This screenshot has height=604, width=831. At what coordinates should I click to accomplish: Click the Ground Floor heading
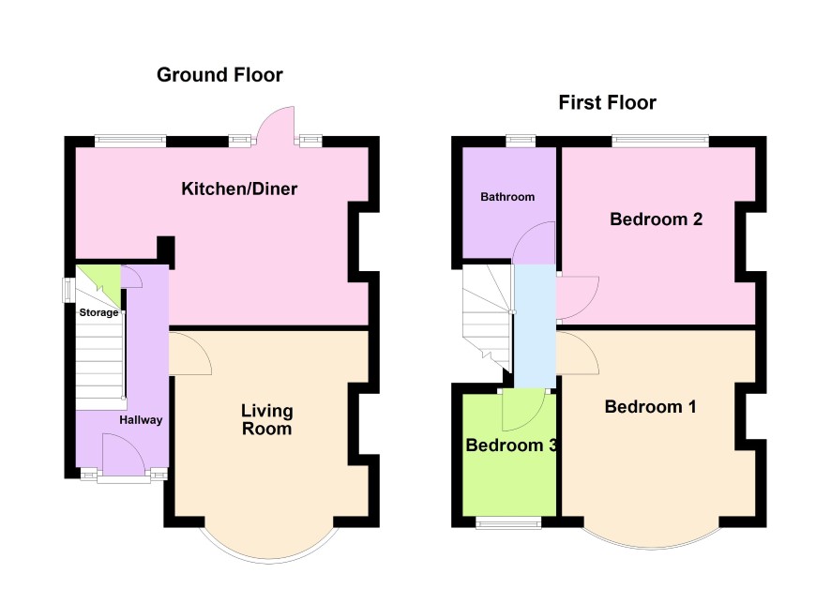click(219, 75)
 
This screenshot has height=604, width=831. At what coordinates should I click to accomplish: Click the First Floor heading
click(608, 102)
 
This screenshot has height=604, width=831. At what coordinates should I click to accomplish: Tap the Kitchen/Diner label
click(239, 189)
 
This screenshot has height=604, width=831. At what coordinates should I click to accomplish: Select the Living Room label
click(267, 419)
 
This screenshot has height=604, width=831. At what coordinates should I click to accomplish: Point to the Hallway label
click(141, 420)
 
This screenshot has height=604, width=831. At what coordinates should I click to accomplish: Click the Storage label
click(99, 312)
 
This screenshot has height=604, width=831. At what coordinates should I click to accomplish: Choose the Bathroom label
click(507, 197)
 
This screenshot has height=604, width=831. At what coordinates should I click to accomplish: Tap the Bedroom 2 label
click(657, 219)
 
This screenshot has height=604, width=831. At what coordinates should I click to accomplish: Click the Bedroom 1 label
click(650, 406)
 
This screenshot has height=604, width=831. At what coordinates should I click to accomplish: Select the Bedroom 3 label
click(511, 445)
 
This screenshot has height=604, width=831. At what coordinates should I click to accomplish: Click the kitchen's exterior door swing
click(276, 125)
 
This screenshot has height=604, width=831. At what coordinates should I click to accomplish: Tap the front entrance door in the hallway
click(124, 455)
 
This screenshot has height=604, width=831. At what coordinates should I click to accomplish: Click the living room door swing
click(190, 354)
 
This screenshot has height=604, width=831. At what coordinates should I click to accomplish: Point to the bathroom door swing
click(535, 243)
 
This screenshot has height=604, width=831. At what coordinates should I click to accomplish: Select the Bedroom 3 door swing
click(523, 410)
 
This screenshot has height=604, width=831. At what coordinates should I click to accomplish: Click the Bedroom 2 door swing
click(578, 297)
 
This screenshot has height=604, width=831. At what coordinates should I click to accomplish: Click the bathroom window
click(521, 141)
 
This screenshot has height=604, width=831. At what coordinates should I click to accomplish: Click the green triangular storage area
click(105, 279)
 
